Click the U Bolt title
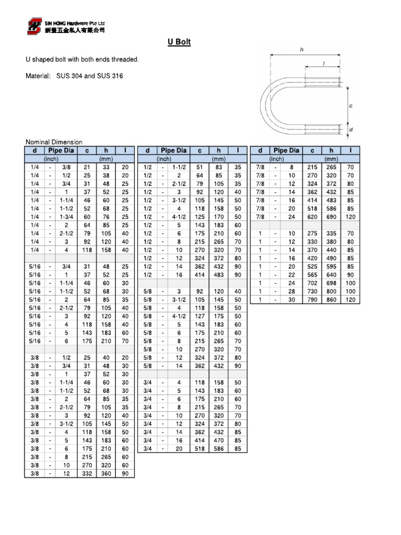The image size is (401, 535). [179, 42]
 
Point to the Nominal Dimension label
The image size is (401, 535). [54, 142]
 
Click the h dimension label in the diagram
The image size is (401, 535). [302, 49]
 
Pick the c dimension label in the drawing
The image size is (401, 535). [350, 106]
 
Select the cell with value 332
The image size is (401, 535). [87, 473]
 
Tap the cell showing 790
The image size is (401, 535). [312, 299]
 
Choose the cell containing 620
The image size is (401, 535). [312, 216]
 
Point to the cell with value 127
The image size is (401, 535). [199, 316]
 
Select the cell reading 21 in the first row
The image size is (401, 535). [87, 167]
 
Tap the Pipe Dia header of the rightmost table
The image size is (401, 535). [287, 150]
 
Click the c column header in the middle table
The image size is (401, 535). [199, 150]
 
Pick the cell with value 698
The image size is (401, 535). [331, 283]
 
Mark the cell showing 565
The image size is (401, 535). [312, 274]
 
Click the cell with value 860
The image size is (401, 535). [331, 299]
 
